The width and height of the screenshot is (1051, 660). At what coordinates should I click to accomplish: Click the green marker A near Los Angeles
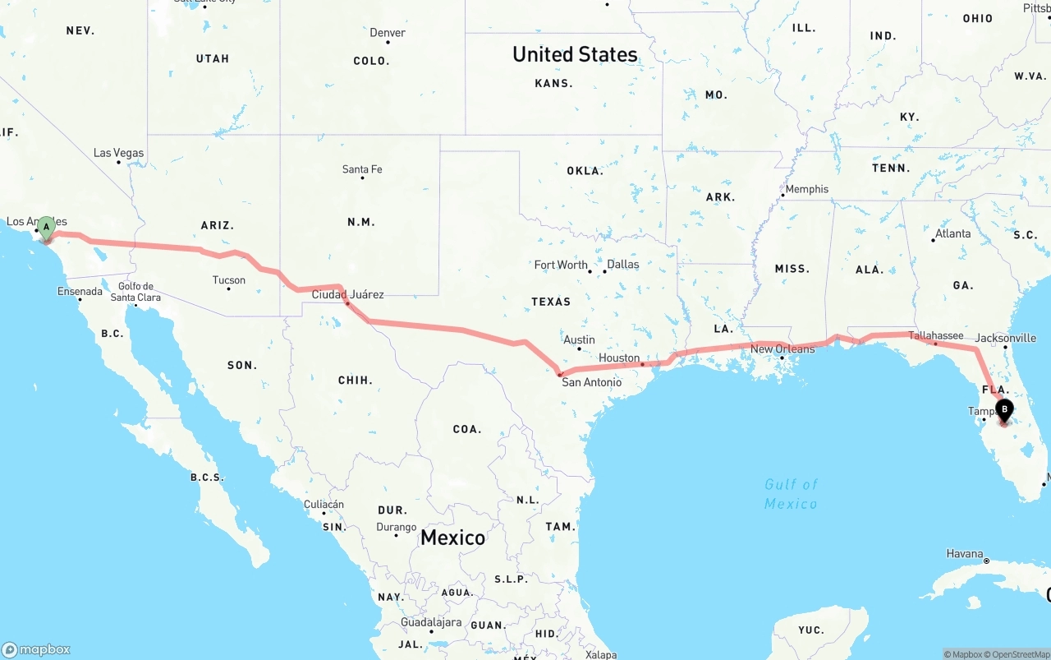click(47, 227)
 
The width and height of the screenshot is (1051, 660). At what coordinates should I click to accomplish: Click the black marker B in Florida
click(1003, 409)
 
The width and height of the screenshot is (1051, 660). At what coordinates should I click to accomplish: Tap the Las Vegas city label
click(118, 153)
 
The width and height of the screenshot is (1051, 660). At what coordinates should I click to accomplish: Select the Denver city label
click(388, 33)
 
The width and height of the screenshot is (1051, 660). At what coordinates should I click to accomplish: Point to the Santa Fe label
click(362, 169)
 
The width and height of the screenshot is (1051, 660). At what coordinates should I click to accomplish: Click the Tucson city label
click(229, 280)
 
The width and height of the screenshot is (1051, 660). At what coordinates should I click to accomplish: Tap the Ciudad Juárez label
click(347, 294)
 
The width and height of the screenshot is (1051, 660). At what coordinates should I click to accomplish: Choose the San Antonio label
click(591, 382)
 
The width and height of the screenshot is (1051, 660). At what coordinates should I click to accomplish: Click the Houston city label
click(619, 358)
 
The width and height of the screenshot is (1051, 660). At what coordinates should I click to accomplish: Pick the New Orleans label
click(783, 349)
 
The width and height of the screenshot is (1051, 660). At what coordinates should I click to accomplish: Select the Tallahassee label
click(936, 335)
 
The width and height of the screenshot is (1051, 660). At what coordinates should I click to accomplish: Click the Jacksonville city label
click(1006, 338)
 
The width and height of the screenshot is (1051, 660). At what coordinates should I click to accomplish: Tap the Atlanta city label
click(952, 233)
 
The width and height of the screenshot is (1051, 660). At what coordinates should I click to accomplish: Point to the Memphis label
click(807, 189)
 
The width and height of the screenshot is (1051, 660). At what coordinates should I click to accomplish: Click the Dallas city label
click(623, 265)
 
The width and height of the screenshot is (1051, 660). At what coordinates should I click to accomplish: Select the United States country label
click(575, 54)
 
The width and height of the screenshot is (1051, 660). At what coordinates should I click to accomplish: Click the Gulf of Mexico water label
click(791, 494)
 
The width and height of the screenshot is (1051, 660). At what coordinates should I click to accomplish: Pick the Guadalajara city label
click(430, 622)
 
